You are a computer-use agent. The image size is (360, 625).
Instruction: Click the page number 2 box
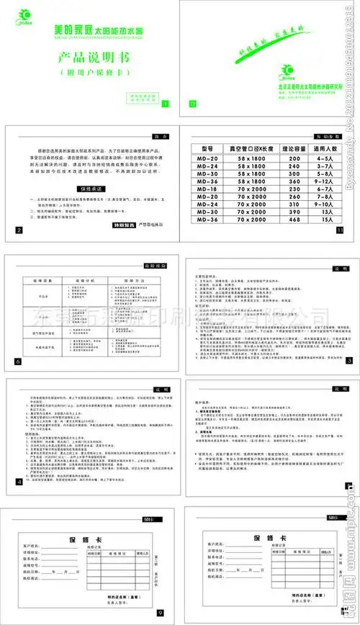point(18,230)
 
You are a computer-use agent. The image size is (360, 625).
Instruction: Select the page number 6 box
point(18,360)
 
